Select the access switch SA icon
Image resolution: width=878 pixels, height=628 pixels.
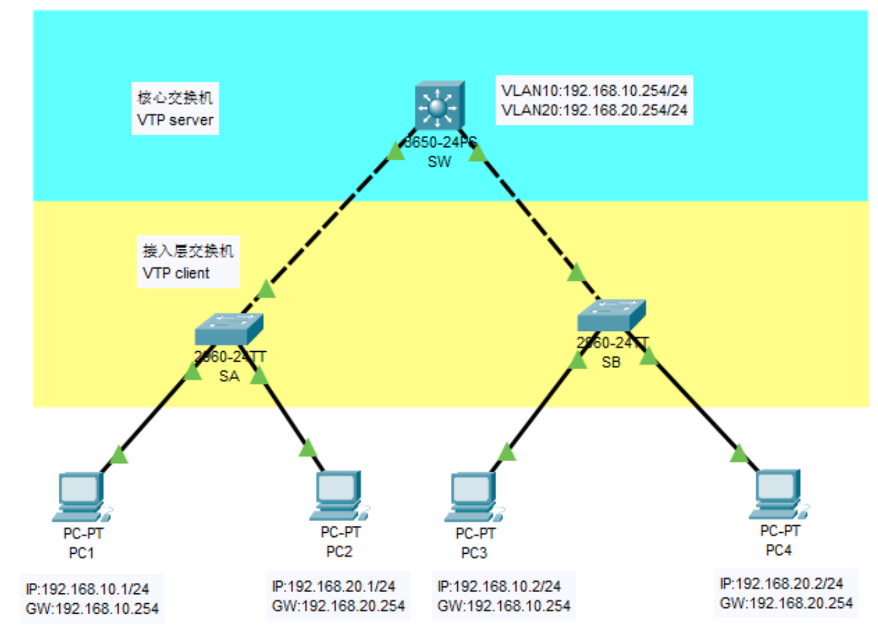click(229, 329)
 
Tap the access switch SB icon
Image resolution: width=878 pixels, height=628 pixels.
click(611, 315)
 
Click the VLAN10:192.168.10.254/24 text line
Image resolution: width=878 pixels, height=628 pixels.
click(594, 91)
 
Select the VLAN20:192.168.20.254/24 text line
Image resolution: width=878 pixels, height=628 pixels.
click(594, 110)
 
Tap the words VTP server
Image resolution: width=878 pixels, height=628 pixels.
click(175, 120)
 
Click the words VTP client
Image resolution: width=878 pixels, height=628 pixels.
click(176, 273)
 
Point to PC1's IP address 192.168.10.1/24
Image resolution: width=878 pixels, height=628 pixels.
click(87, 589)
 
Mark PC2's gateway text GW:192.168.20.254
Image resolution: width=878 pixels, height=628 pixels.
click(339, 606)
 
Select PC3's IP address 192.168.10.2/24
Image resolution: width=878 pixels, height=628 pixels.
click(499, 586)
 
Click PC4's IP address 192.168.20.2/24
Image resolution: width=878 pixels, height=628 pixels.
click(782, 583)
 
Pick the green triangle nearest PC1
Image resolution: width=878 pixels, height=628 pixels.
click(119, 454)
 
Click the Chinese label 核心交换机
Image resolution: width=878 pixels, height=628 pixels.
click(175, 98)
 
